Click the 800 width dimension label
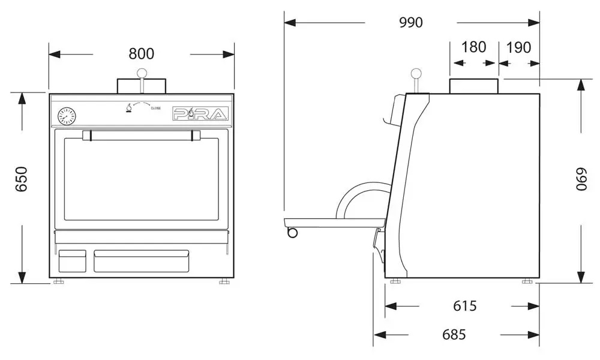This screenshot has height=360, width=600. click(141, 53)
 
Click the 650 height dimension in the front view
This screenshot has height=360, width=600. click(22, 179)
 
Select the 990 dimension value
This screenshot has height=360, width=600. click(411, 23)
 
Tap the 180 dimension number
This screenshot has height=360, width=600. click(474, 47)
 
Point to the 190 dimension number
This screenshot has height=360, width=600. click(518, 47)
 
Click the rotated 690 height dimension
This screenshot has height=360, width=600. click(581, 179)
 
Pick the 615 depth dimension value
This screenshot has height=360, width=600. click(465, 306)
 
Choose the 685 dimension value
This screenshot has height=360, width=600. click(454, 335)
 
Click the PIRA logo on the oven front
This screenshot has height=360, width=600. click(200, 113)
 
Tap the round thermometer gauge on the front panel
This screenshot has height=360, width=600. click(67, 116)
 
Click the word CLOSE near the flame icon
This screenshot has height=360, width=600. click(156, 108)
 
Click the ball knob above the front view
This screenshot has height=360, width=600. click(142, 73)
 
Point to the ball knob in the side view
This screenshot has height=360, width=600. click(416, 73)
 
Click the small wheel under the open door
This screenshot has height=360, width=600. click(292, 232)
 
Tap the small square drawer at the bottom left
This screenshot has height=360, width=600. click(72, 261)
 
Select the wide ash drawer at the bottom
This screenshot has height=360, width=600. click(141, 261)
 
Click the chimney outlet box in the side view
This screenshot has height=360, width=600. click(474, 86)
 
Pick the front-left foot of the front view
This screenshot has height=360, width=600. click(59, 281)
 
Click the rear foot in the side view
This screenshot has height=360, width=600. click(527, 281)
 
